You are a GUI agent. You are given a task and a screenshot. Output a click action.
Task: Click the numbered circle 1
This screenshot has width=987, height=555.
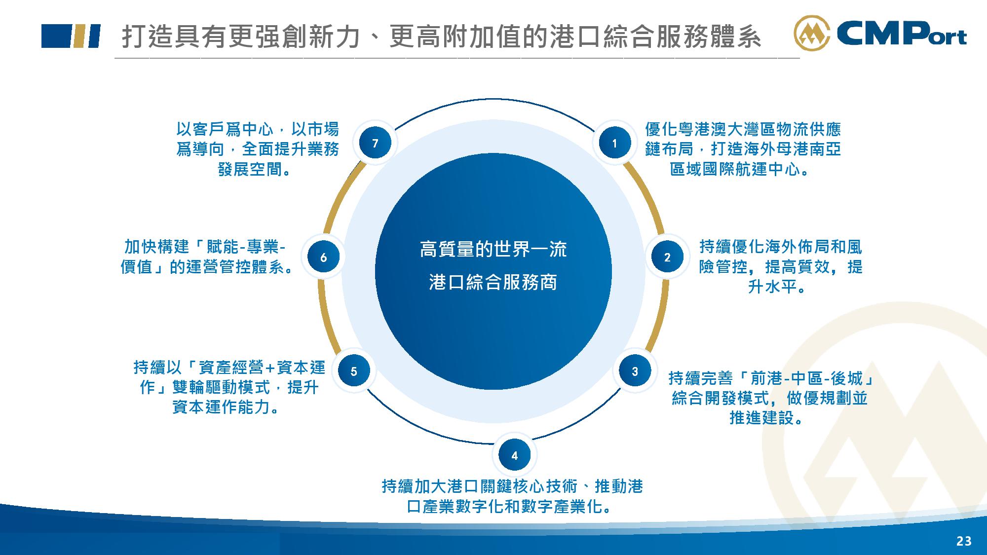(614, 143)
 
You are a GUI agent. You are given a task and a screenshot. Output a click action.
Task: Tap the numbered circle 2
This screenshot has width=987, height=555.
(667, 257)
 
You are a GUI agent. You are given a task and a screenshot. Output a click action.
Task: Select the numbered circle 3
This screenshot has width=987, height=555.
(635, 371)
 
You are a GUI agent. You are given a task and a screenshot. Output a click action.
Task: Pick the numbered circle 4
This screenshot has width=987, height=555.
(515, 455)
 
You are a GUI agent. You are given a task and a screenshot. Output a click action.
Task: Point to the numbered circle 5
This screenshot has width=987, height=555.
(353, 371)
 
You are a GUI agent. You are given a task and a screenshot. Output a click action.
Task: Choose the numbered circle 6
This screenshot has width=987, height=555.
(323, 257)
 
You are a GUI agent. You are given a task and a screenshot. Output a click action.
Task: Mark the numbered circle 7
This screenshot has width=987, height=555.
(375, 143)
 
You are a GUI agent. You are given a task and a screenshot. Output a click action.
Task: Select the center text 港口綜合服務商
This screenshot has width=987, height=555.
(493, 283)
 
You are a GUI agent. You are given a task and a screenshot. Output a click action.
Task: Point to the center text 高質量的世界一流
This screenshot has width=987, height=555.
(493, 250)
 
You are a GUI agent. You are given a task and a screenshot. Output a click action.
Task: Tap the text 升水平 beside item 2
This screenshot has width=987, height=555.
(772, 286)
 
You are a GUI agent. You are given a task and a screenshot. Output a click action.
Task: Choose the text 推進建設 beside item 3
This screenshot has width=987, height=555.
(762, 418)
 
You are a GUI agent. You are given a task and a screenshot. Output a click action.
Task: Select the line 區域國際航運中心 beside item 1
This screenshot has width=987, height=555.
(735, 169)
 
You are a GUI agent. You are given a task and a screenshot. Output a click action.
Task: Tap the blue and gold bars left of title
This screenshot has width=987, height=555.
(71, 36)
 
